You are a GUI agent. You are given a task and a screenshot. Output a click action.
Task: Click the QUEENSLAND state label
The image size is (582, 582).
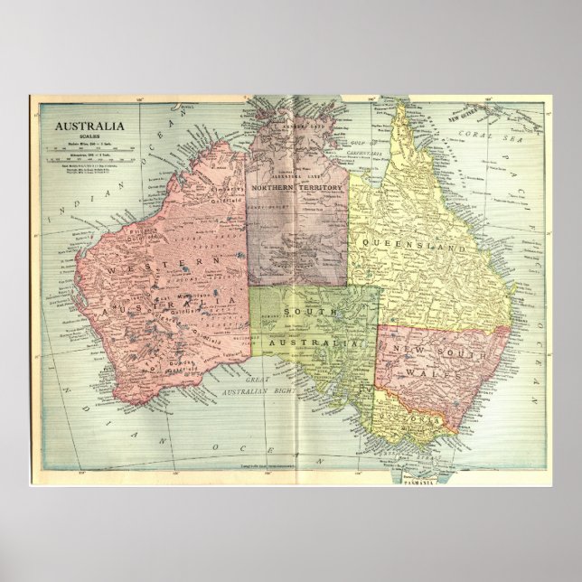(413, 245)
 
